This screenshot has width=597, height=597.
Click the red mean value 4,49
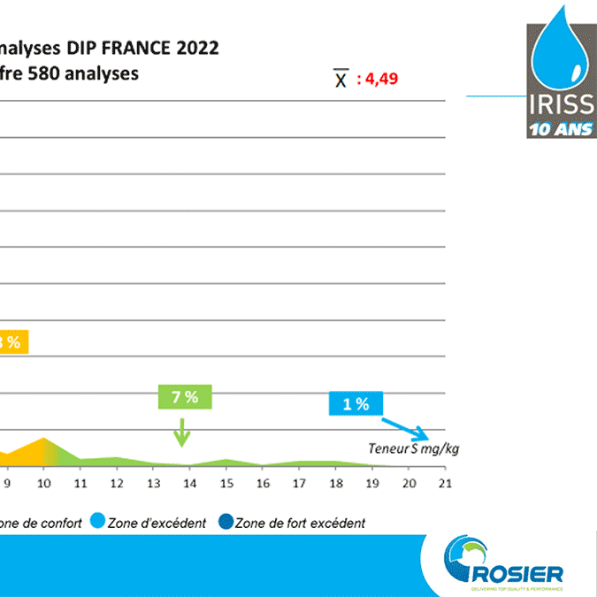[x=377, y=79]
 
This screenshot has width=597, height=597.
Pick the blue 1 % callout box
[x=356, y=404]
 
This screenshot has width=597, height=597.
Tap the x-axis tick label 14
[x=189, y=483]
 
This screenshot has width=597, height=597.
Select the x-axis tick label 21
[x=445, y=483]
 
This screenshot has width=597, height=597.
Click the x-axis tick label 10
[x=43, y=483]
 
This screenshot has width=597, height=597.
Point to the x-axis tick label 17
[x=299, y=483]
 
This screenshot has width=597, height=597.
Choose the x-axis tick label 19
[x=372, y=483]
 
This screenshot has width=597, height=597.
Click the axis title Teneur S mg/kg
[x=414, y=448]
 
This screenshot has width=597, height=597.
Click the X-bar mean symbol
[x=340, y=80]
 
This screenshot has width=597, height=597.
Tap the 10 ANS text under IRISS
[x=561, y=129]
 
